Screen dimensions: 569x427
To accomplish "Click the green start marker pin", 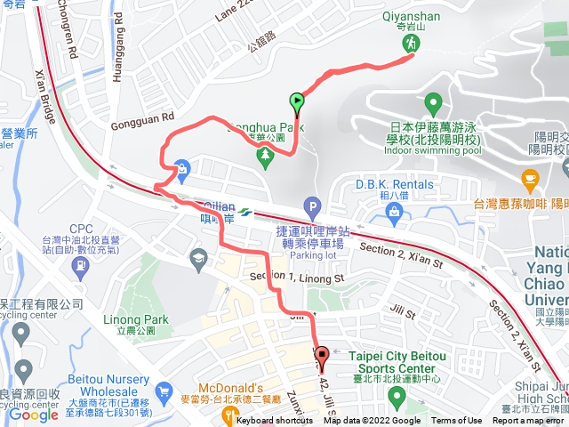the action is pos(297,103).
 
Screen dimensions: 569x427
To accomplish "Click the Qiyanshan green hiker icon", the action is pos(410,42).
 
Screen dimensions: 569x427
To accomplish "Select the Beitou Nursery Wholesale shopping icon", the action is pos(162,392).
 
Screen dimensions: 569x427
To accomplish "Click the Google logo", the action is pos(33,414).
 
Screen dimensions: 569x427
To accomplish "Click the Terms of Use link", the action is pos(457,421).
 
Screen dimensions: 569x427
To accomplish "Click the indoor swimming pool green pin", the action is pos(433,103).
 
